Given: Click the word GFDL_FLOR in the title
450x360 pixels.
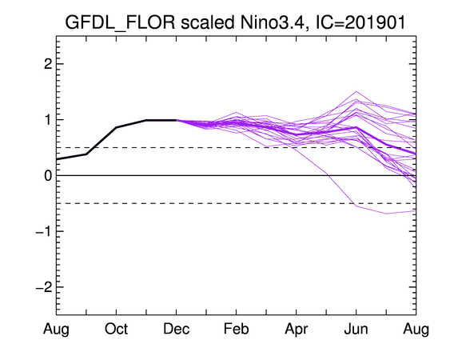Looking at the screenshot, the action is (120, 23).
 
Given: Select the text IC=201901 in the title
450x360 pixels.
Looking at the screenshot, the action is (360, 22).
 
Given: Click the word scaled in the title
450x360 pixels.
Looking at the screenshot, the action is (208, 22).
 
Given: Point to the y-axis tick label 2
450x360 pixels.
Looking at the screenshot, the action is (48, 64).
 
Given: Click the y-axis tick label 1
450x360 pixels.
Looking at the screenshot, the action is (48, 120).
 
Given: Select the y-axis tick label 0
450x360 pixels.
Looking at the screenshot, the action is (48, 175).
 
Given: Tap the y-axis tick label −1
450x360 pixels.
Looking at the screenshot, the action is (44, 231).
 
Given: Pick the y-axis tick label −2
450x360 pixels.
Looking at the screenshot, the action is (44, 287).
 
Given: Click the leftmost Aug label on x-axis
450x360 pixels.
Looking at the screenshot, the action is (56, 330).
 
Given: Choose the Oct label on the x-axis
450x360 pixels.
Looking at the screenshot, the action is (116, 329).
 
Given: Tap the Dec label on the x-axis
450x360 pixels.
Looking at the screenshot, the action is (176, 329).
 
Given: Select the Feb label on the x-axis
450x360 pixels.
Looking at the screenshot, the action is (237, 329).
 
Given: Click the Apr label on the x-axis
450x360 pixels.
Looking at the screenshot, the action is (297, 330).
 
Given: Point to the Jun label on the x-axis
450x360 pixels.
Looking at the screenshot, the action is (356, 329).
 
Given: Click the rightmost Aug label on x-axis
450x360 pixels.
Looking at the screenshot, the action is (416, 330).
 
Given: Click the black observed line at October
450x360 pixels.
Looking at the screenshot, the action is (116, 127).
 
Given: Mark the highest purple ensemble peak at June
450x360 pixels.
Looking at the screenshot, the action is (356, 91).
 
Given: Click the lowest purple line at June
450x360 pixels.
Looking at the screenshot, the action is (356, 206).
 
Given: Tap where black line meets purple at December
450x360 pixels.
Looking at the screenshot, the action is (176, 120).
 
